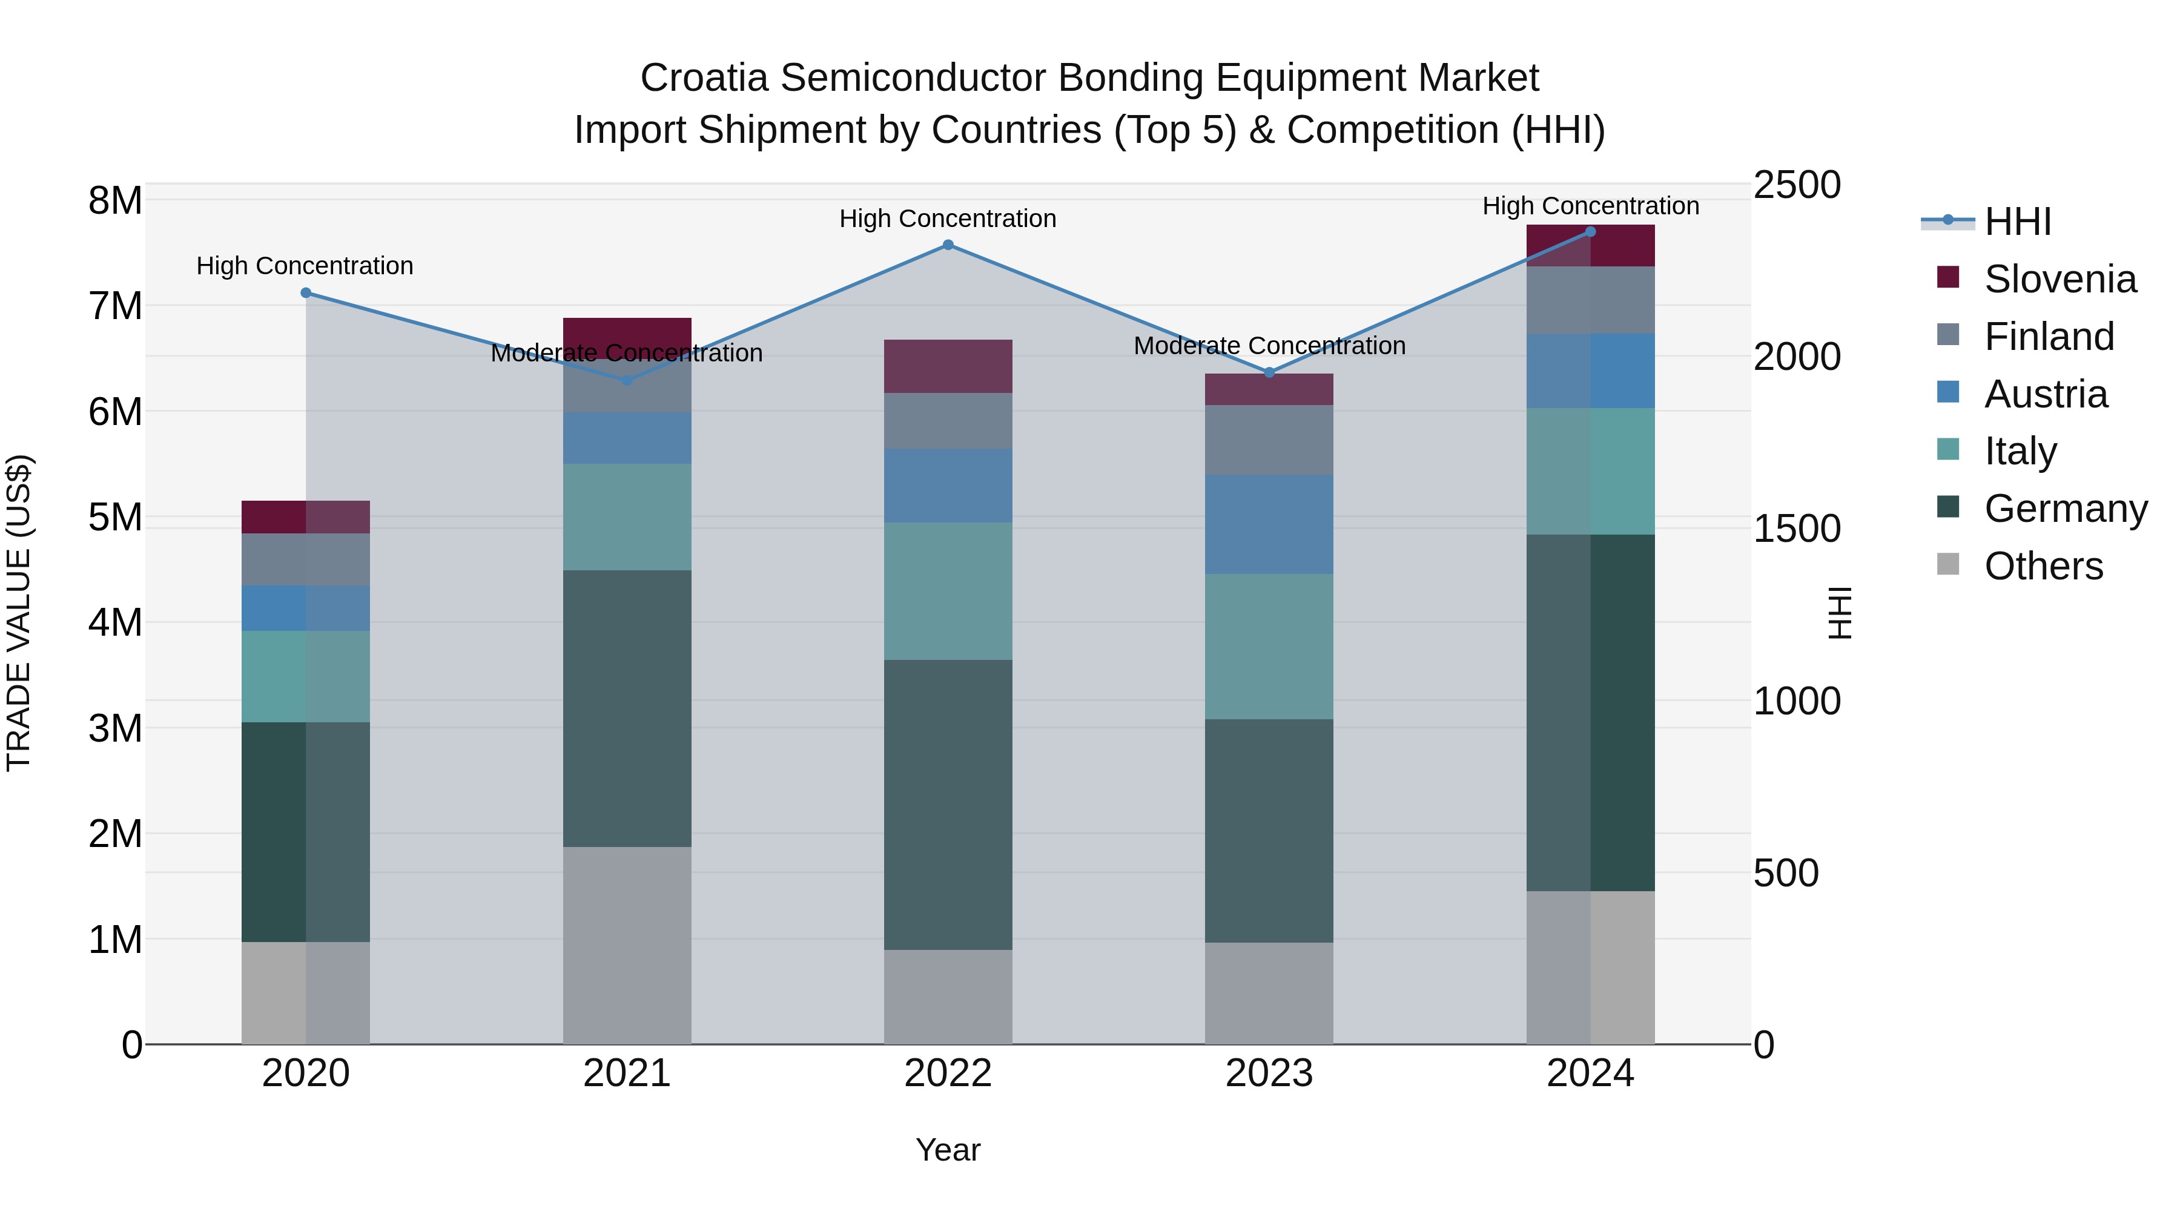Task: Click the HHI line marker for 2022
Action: [x=948, y=245]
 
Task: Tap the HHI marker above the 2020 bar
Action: [x=306, y=293]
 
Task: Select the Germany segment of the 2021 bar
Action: [x=627, y=708]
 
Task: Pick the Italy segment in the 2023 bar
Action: [x=1269, y=647]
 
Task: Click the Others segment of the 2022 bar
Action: [x=948, y=996]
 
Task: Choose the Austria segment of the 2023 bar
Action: [x=1269, y=524]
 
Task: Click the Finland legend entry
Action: [x=2048, y=337]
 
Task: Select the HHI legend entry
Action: [x=2018, y=222]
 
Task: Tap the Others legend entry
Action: [x=2043, y=566]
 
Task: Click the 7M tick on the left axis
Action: [x=115, y=306]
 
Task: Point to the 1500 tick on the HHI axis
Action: [x=1796, y=530]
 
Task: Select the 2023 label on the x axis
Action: [x=1269, y=1073]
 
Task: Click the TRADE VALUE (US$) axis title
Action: [x=19, y=613]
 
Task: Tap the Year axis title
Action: [x=948, y=1150]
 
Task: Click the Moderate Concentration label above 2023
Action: [x=1269, y=346]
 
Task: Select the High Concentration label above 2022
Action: [x=948, y=219]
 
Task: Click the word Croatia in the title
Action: [x=704, y=78]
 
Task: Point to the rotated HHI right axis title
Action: [x=1840, y=613]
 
